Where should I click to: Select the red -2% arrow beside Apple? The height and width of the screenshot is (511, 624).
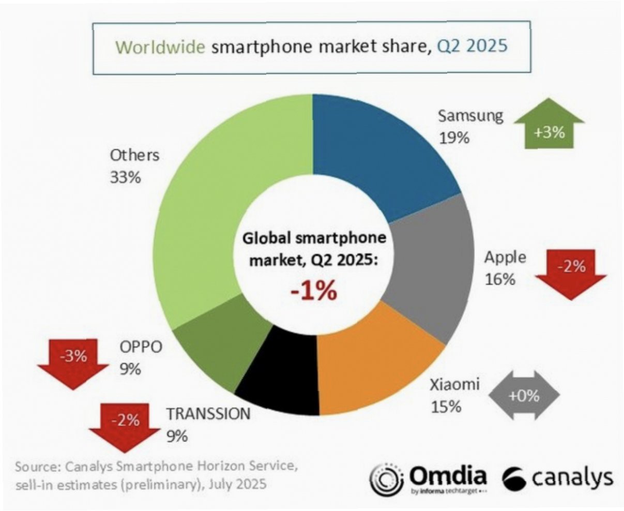[571, 272]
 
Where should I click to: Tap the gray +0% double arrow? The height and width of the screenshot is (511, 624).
[523, 396]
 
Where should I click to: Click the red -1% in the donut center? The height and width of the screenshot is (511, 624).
[313, 291]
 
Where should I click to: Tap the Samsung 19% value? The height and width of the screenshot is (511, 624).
[454, 138]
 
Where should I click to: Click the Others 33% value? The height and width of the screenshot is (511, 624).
[125, 177]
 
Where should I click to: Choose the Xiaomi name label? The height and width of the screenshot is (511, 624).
[455, 384]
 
